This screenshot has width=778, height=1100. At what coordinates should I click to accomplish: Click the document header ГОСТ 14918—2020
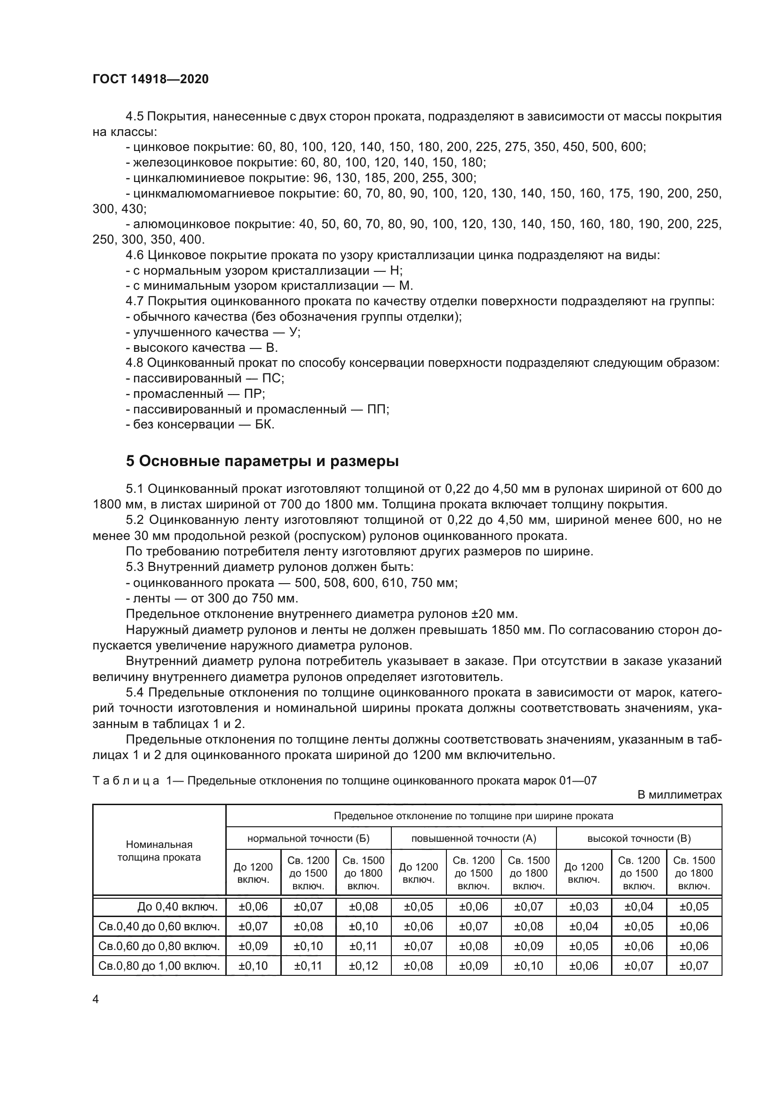tap(151, 79)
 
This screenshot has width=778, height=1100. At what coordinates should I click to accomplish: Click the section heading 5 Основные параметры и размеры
tap(262, 461)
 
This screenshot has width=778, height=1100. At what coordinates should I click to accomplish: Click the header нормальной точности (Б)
tap(308, 838)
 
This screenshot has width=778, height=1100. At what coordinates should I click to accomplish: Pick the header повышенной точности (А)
tap(473, 838)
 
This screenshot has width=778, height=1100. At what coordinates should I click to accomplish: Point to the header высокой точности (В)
tap(639, 838)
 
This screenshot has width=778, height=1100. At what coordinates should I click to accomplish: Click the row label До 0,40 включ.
tap(177, 906)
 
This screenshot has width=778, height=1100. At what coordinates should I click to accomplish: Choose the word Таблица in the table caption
tap(126, 781)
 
